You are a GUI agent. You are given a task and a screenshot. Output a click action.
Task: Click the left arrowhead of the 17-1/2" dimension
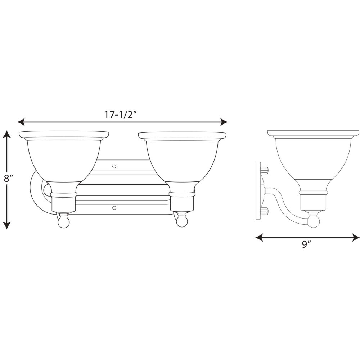[x=21, y=122]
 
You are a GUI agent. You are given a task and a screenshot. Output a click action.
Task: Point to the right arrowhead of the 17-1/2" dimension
[x=224, y=122]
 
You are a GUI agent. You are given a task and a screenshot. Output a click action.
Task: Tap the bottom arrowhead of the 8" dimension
[x=7, y=225]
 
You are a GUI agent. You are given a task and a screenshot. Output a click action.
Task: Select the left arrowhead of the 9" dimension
[x=260, y=237]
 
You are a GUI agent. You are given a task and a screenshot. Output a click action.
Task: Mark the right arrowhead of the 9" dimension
[x=356, y=237]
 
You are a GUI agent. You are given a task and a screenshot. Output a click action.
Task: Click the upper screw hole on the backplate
[x=114, y=166]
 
